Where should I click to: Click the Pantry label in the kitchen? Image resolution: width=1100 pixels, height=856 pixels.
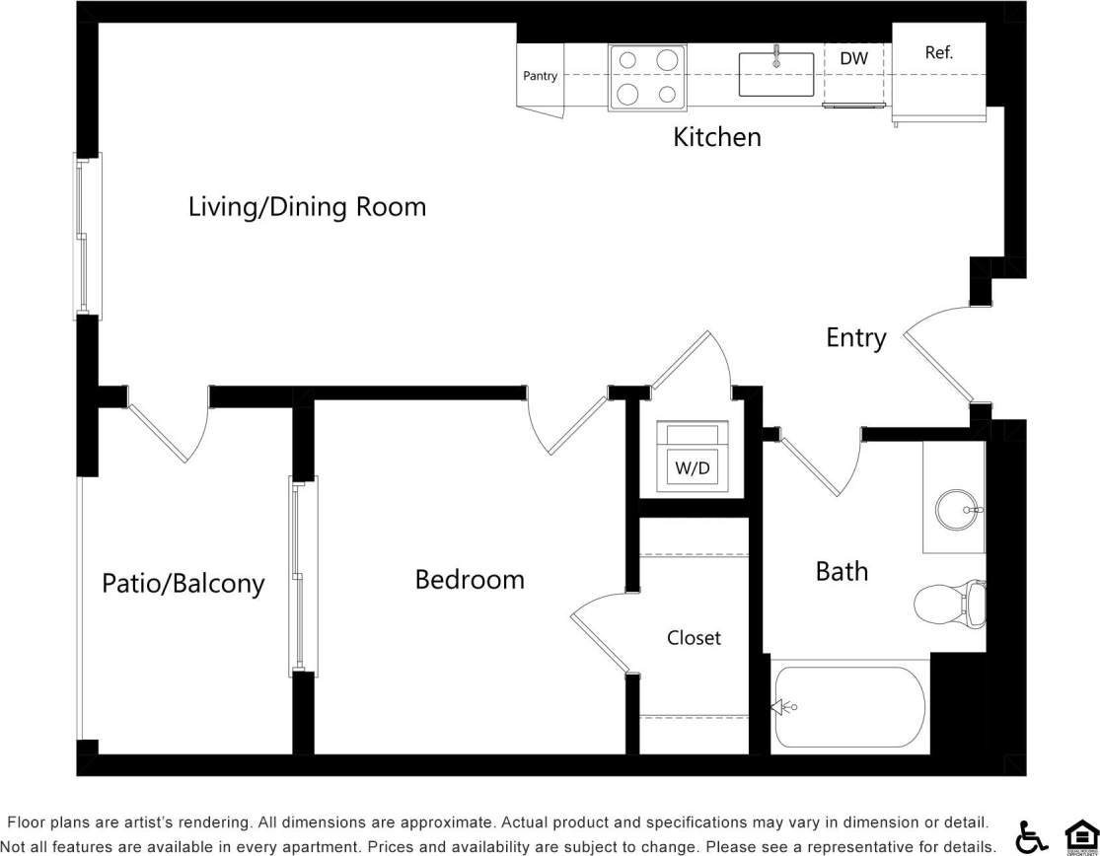point(540,76)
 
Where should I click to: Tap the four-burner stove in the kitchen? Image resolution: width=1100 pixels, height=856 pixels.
point(647,77)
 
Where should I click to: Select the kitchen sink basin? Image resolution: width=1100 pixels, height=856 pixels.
point(776,75)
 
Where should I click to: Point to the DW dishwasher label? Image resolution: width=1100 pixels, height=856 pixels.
point(853,59)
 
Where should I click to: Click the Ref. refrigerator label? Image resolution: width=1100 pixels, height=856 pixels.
point(938,53)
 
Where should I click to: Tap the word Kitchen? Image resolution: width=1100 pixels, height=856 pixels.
point(717,137)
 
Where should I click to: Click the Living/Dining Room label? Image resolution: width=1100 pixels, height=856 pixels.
point(307,207)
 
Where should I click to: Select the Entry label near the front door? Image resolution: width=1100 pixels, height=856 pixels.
point(855,338)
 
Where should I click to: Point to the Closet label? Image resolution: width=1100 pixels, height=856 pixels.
point(694,638)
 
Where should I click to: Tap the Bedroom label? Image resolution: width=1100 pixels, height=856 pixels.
point(470,579)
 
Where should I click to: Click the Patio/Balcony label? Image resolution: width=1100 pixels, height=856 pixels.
point(183,584)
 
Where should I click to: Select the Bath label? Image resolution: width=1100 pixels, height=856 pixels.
point(842,571)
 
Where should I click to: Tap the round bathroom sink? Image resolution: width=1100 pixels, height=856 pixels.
point(956,510)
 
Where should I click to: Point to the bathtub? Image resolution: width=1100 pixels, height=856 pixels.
point(848,707)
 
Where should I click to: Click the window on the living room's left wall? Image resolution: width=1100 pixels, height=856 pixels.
point(86,237)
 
